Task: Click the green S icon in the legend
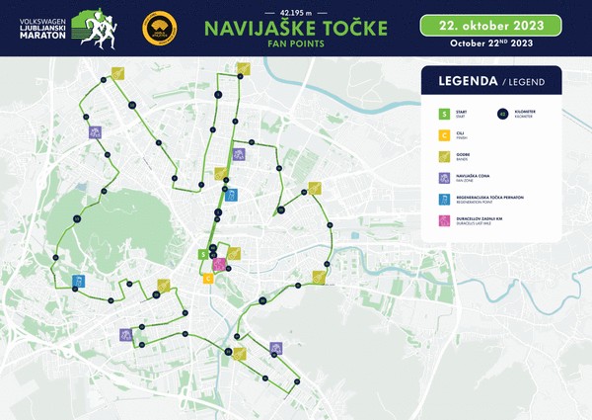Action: (x=445, y=115)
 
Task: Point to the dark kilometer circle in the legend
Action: (x=502, y=115)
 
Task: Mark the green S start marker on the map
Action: (x=203, y=254)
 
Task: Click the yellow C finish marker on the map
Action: (x=208, y=278)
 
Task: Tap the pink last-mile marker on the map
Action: (x=219, y=264)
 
